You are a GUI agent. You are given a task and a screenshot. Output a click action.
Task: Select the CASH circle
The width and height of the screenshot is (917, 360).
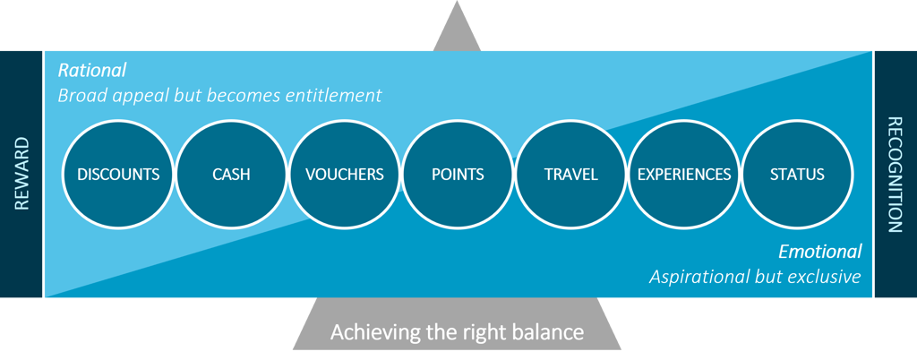[231, 175]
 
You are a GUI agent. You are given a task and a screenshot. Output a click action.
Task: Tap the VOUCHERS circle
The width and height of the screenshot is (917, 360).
[345, 175]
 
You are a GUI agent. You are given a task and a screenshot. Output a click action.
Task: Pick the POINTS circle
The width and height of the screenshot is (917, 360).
[458, 175]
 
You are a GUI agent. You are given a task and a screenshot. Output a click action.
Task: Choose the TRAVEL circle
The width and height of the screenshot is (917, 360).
[570, 175]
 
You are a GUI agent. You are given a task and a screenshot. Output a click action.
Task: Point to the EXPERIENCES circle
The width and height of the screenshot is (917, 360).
[684, 175]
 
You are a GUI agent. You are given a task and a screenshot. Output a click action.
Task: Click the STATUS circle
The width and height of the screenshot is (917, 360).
[797, 175]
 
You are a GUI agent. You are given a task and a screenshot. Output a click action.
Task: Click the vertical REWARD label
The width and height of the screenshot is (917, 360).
[22, 174]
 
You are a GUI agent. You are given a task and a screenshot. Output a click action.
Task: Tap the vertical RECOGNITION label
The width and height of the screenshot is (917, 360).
[894, 175]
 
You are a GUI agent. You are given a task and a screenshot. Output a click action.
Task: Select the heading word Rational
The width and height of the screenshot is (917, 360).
[92, 70]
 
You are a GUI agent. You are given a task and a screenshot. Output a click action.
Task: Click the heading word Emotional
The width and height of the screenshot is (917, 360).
[819, 252]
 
